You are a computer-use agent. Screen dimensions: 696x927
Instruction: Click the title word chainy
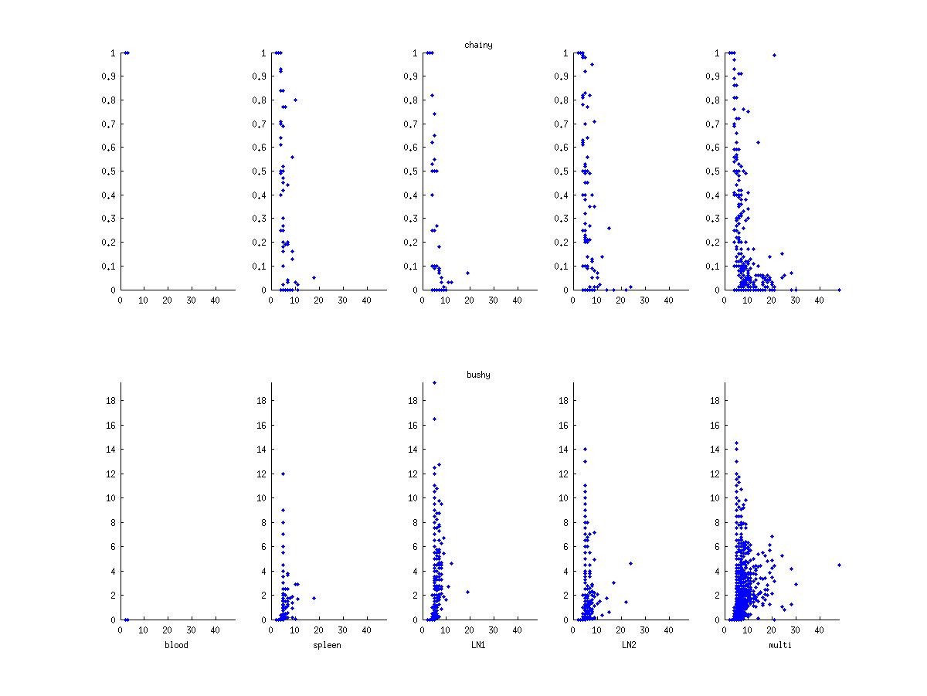point(478,45)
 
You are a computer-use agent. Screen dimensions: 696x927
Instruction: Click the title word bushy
point(478,375)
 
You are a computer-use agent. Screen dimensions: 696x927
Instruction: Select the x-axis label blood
point(176,645)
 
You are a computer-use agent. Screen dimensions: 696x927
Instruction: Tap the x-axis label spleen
point(328,645)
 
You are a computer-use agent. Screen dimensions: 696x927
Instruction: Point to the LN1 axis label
point(478,645)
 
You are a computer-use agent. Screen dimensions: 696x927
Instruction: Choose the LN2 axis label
point(630,645)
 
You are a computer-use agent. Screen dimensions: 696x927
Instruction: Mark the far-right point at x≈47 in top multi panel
point(839,290)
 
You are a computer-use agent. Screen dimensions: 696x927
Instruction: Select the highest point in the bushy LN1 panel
point(434,382)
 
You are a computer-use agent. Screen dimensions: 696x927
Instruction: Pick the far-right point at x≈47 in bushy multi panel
point(839,565)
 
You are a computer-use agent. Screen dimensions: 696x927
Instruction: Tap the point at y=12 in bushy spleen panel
point(284,474)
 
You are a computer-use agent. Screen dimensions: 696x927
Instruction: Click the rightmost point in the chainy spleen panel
point(314,277)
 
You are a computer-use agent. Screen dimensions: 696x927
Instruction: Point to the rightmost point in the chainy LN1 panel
point(467,273)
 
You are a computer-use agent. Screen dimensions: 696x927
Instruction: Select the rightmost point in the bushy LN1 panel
point(467,592)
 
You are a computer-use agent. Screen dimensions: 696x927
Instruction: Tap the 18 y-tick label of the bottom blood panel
point(110,400)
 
